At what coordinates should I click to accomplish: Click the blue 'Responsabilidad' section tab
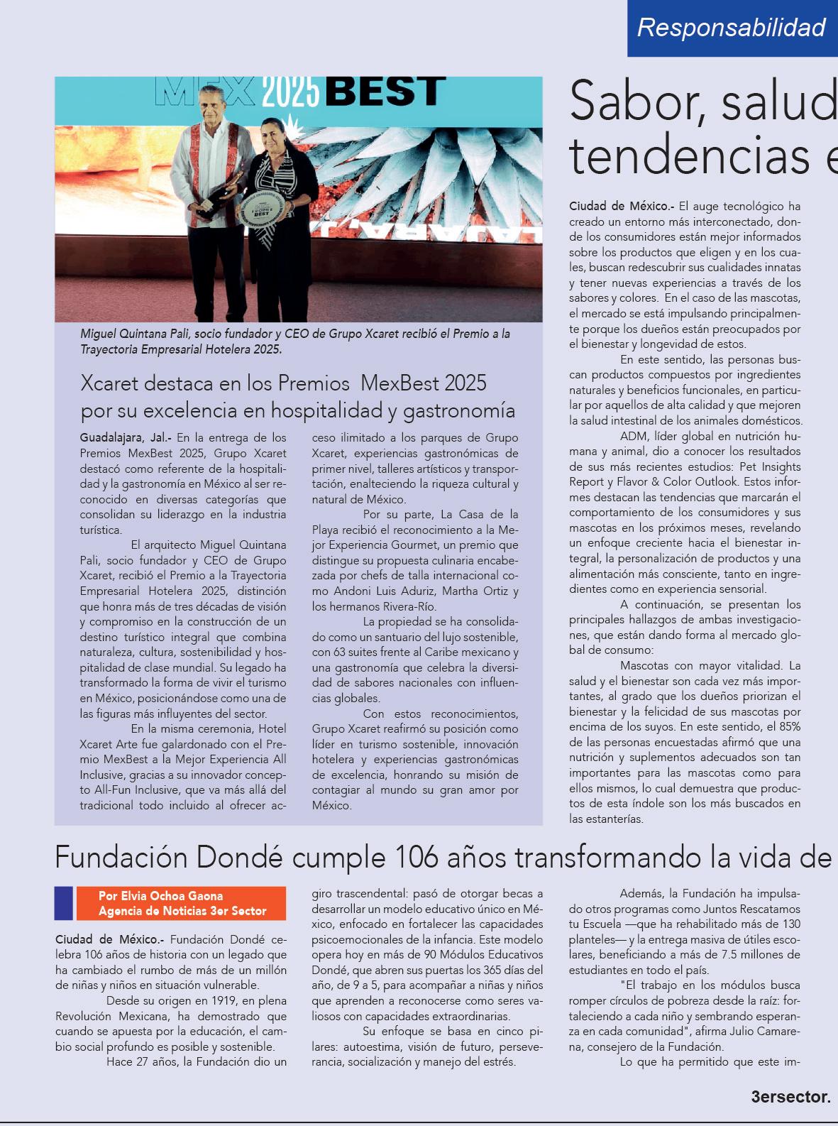coord(732,28)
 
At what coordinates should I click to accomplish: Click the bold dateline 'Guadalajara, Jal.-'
coord(125,438)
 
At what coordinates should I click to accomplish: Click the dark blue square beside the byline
coord(64,903)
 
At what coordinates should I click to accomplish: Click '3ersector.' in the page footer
coord(790,1097)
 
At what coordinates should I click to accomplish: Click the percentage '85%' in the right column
coord(788,727)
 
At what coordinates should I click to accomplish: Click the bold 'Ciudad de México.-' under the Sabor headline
coord(622,207)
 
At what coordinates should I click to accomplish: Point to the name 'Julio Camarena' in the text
coord(760,1032)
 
